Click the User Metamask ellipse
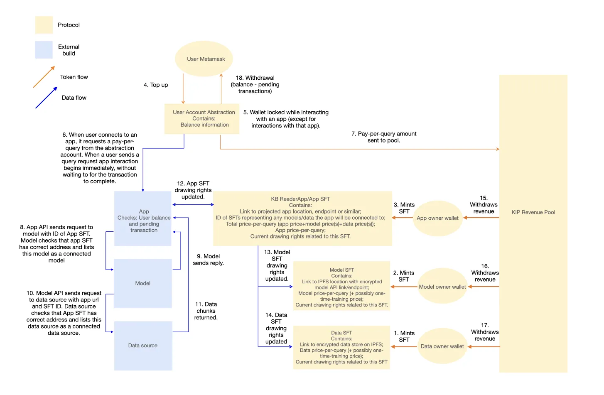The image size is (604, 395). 204,59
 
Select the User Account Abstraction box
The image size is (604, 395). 202,119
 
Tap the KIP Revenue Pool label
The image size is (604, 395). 533,212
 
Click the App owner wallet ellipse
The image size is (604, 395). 437,218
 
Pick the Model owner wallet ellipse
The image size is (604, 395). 442,287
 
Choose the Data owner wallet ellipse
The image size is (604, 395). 442,346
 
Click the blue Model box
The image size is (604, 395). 142,283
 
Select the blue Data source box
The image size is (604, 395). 143,346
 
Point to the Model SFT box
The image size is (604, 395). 341,287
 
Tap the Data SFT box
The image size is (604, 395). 341,347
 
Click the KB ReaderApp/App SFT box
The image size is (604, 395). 302,218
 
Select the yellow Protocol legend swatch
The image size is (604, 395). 44,25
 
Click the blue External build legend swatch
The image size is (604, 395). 44,50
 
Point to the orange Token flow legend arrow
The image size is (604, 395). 44,77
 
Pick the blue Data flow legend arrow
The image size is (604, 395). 46,98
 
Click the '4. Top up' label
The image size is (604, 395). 156,85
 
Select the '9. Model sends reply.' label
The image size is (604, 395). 208,260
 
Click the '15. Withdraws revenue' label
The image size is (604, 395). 484,205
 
